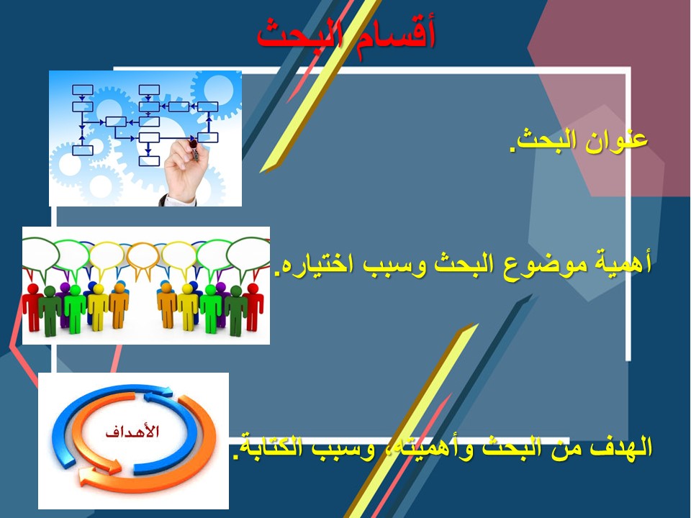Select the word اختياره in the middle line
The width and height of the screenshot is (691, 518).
point(319,265)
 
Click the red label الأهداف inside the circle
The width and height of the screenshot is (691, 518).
point(132,431)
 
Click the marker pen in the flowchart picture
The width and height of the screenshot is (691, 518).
point(194,148)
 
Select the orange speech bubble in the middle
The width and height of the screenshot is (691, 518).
point(143,260)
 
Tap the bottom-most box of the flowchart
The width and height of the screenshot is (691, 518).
point(149,160)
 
